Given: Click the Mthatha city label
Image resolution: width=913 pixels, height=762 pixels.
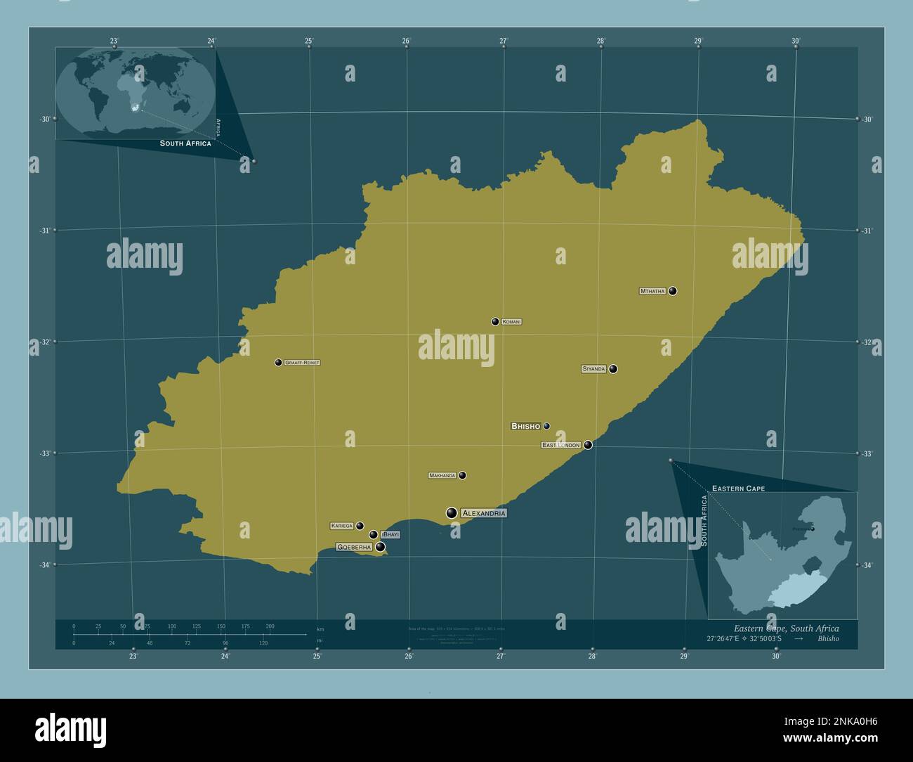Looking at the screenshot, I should click(x=652, y=291).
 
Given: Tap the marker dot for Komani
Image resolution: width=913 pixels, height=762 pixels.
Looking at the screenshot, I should click(x=495, y=322).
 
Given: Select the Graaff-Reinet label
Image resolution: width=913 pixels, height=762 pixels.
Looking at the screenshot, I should click(x=302, y=363).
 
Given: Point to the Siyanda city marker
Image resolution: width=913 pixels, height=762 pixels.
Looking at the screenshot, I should click(x=613, y=369).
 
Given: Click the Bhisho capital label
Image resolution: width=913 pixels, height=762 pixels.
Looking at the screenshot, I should click(x=526, y=426).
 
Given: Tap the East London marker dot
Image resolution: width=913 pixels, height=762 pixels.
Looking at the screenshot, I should click(x=588, y=445).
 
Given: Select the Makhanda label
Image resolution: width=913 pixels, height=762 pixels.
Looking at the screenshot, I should click(x=442, y=476).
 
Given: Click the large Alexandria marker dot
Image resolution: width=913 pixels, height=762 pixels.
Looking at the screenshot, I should click(x=452, y=513).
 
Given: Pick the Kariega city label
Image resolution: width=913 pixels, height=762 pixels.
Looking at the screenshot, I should click(x=342, y=526).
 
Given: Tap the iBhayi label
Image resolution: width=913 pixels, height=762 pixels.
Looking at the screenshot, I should click(x=390, y=535).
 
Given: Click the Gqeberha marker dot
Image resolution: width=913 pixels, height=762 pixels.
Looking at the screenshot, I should click(x=381, y=547).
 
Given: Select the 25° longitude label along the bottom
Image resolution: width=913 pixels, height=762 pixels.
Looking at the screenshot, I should click(x=317, y=657).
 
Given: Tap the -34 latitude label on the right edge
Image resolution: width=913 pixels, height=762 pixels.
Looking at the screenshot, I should click(x=867, y=565).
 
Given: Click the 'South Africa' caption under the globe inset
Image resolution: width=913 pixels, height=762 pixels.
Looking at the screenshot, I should click(x=185, y=143).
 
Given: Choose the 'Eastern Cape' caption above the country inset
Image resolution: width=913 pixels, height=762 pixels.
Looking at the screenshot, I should click(x=738, y=488).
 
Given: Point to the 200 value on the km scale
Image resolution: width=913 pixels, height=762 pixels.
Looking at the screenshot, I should click(x=270, y=626).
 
